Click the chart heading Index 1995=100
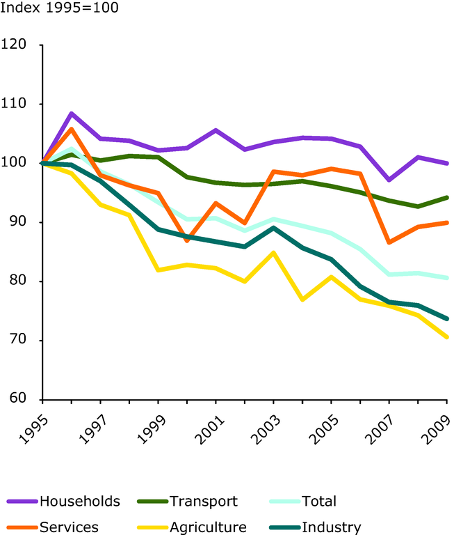(x=60, y=9)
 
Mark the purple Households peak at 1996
(x=72, y=114)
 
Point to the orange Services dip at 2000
(x=187, y=241)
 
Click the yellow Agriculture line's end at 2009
(x=446, y=337)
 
